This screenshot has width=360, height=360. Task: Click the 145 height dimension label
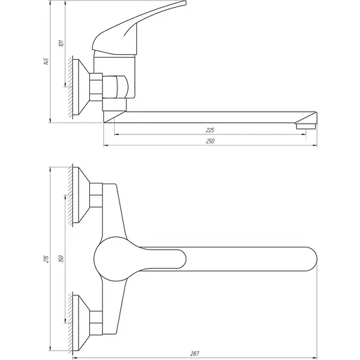[46, 61]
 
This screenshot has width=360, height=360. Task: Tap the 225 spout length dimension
[209, 130]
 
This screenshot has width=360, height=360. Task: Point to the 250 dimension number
[210, 141]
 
